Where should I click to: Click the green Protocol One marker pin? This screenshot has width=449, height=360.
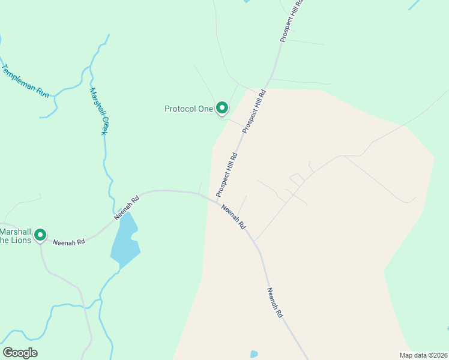tap(222, 108)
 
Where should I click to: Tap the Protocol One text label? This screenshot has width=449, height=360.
tap(188, 109)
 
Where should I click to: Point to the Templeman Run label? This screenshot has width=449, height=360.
tap(25, 82)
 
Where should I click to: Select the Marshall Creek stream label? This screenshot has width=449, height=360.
tap(98, 111)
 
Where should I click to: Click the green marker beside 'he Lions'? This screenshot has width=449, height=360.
tap(40, 235)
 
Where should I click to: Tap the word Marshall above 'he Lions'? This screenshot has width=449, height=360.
tap(14, 232)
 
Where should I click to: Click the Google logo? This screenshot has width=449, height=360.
tap(20, 352)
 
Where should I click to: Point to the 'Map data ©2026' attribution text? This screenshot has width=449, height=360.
tap(423, 355)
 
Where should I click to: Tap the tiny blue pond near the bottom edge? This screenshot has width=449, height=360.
tap(253, 354)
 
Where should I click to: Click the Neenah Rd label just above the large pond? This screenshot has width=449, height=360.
tap(127, 206)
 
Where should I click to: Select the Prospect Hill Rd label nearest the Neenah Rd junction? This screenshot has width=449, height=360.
tap(227, 175)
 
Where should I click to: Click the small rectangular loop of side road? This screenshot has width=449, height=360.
tap(297, 179)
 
